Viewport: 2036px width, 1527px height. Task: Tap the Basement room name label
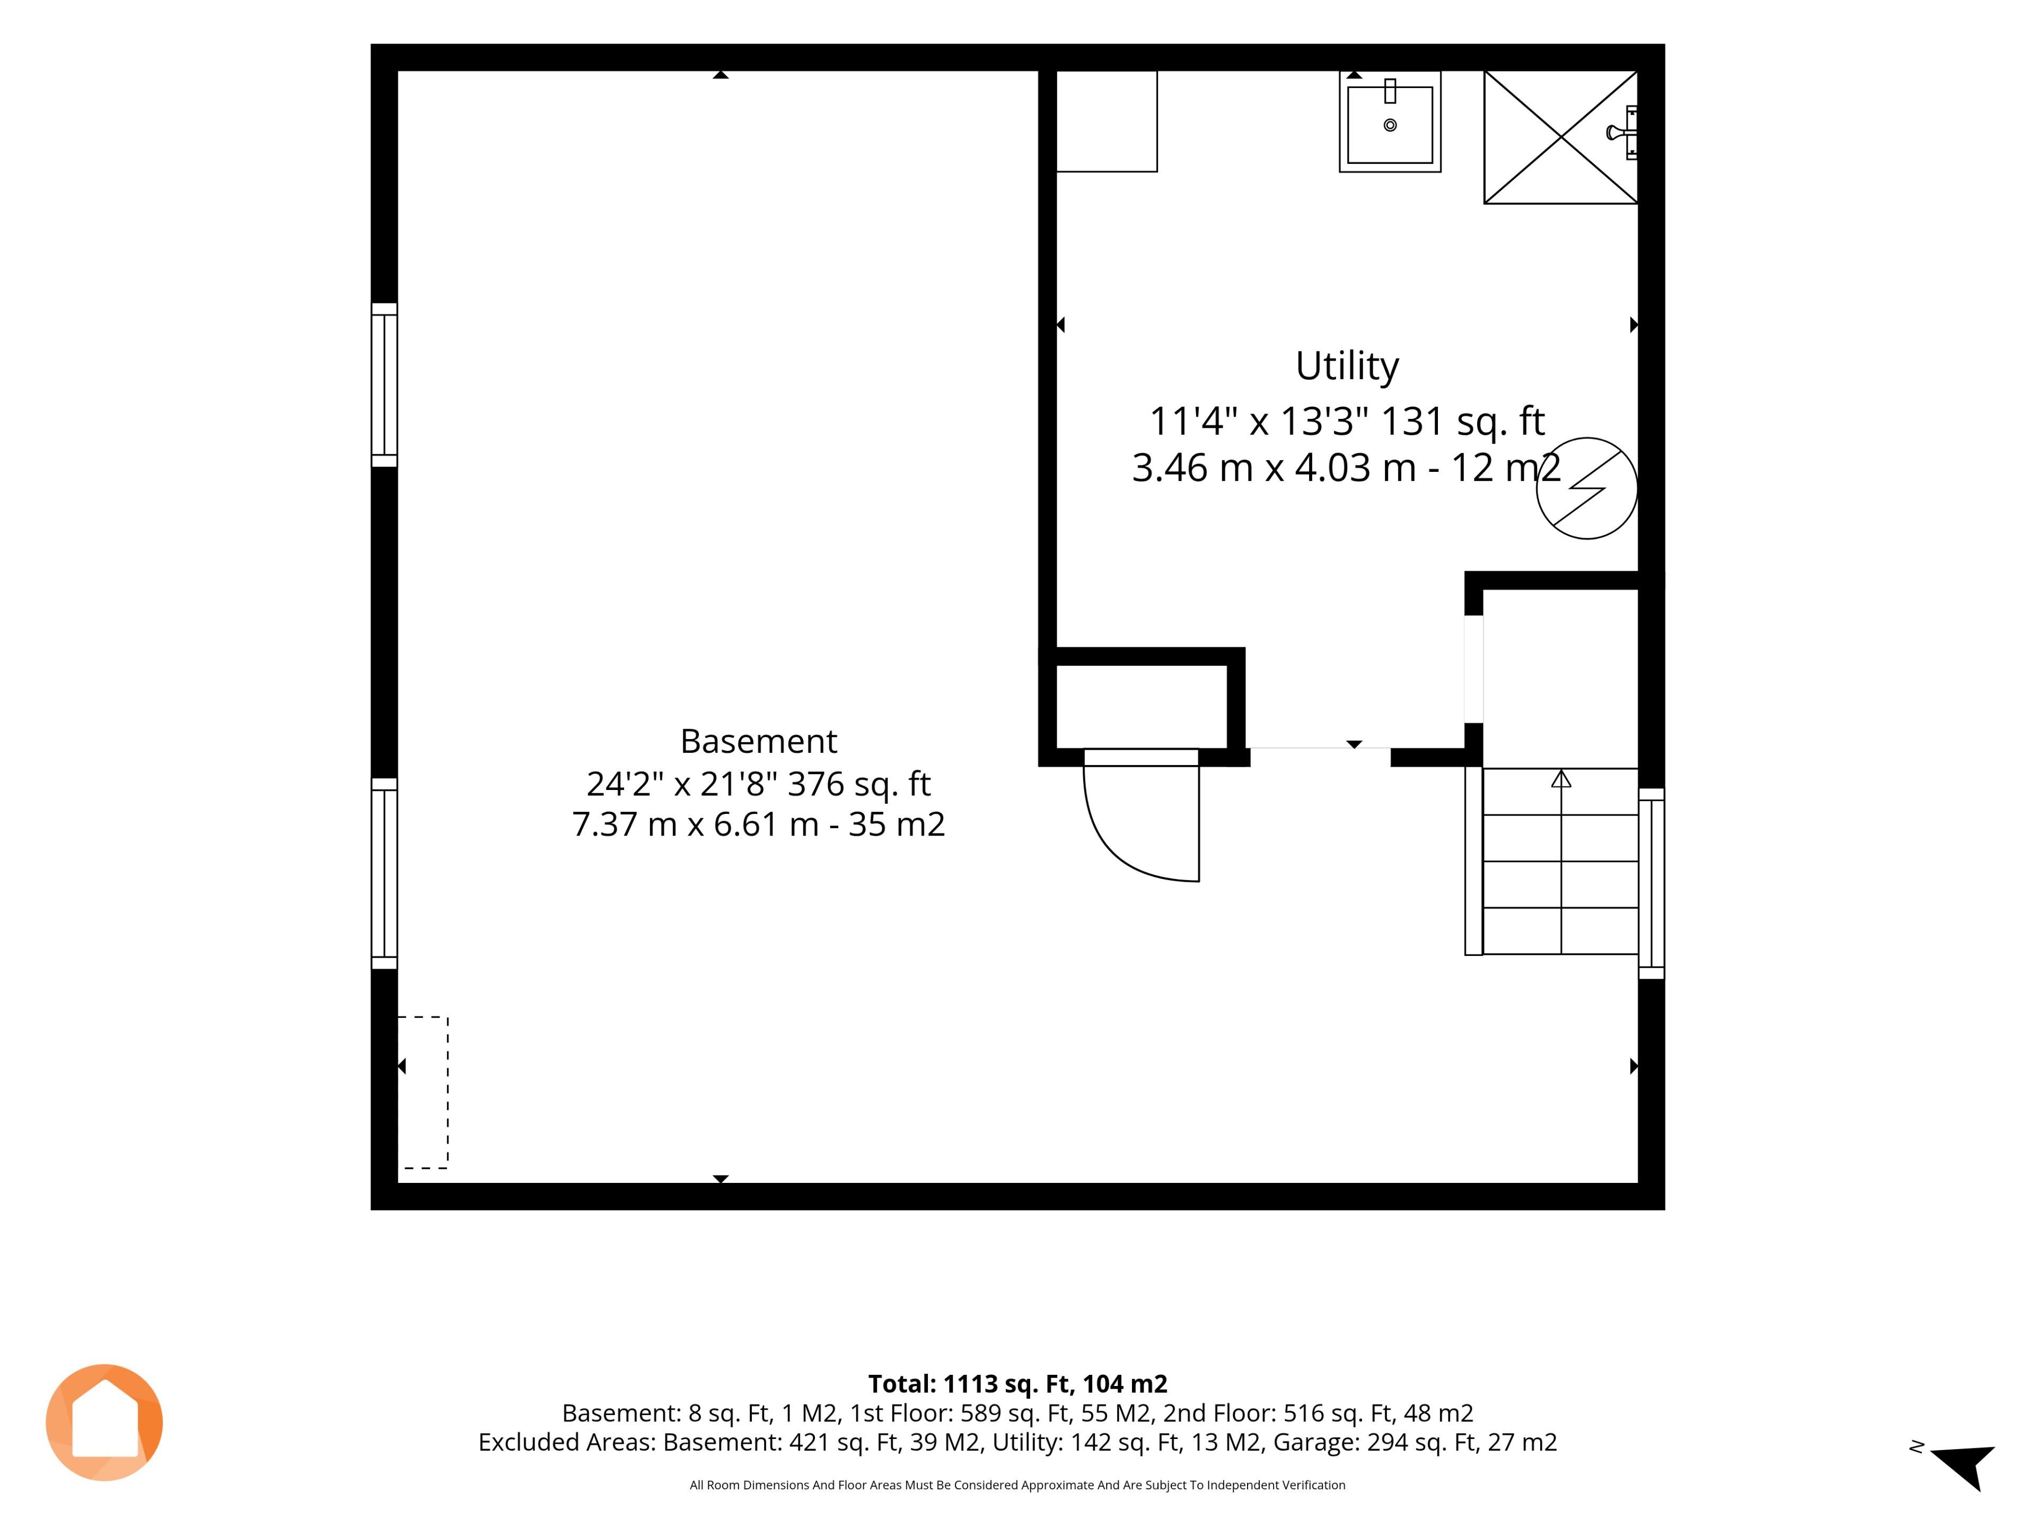758,741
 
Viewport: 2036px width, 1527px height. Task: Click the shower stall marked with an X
1561,137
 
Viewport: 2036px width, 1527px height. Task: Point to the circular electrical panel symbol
1587,488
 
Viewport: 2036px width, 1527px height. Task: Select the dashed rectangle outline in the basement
447,1093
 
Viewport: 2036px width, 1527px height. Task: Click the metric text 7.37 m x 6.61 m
695,824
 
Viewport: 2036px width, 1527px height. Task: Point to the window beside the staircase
1651,884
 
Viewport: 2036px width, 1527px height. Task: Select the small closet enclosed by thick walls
1142,706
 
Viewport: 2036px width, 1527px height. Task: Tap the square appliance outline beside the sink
1107,120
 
